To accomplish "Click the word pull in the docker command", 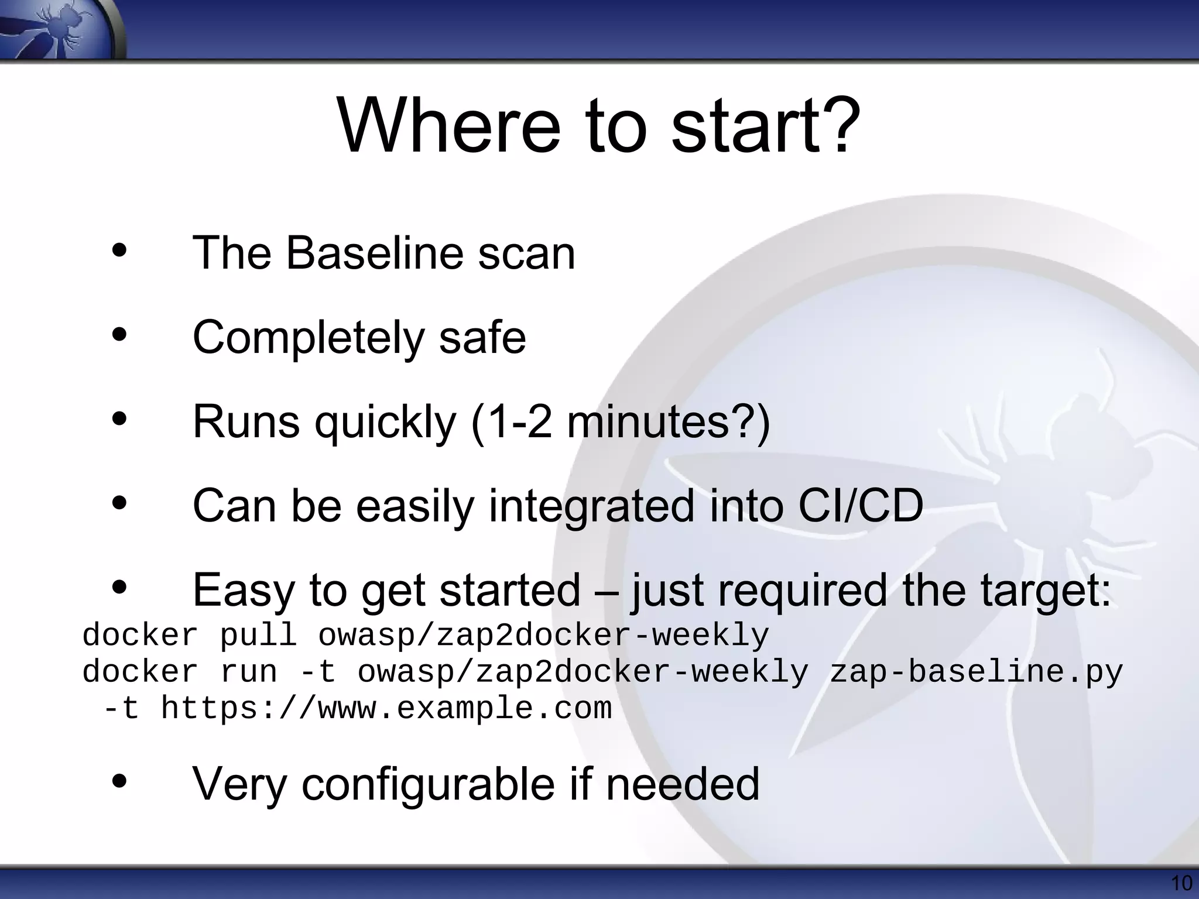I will pyautogui.click(x=258, y=636).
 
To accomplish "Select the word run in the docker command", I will pyautogui.click(x=249, y=672).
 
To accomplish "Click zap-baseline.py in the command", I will pyautogui.click(x=976, y=672).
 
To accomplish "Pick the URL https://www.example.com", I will pyautogui.click(x=386, y=708).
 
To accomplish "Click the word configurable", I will pyautogui.click(x=428, y=784).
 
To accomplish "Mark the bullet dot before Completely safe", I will pyautogui.click(x=119, y=335).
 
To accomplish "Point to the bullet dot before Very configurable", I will pyautogui.click(x=119, y=781).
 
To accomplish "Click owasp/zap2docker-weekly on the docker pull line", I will pyautogui.click(x=543, y=636).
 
